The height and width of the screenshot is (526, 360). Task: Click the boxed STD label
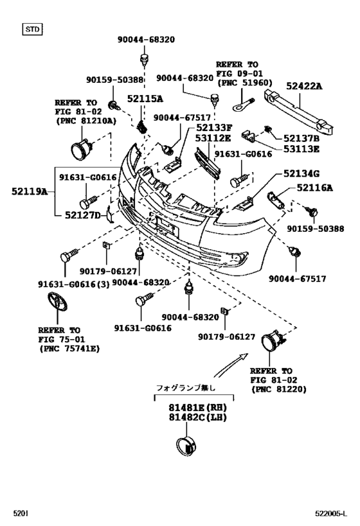click(x=32, y=29)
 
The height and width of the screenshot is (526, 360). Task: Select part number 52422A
click(x=303, y=85)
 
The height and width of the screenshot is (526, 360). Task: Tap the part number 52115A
click(x=145, y=98)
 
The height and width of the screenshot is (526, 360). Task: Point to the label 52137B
click(x=301, y=137)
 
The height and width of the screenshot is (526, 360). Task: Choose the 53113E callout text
click(x=301, y=149)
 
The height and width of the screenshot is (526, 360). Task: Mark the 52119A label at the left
click(x=28, y=191)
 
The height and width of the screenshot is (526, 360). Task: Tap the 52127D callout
click(x=82, y=215)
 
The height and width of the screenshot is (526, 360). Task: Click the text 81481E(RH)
click(x=198, y=407)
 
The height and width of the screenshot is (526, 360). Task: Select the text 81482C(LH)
click(x=198, y=418)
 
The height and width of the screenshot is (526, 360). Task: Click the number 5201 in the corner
click(x=21, y=513)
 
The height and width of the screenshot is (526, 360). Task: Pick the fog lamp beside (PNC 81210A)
click(x=82, y=150)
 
